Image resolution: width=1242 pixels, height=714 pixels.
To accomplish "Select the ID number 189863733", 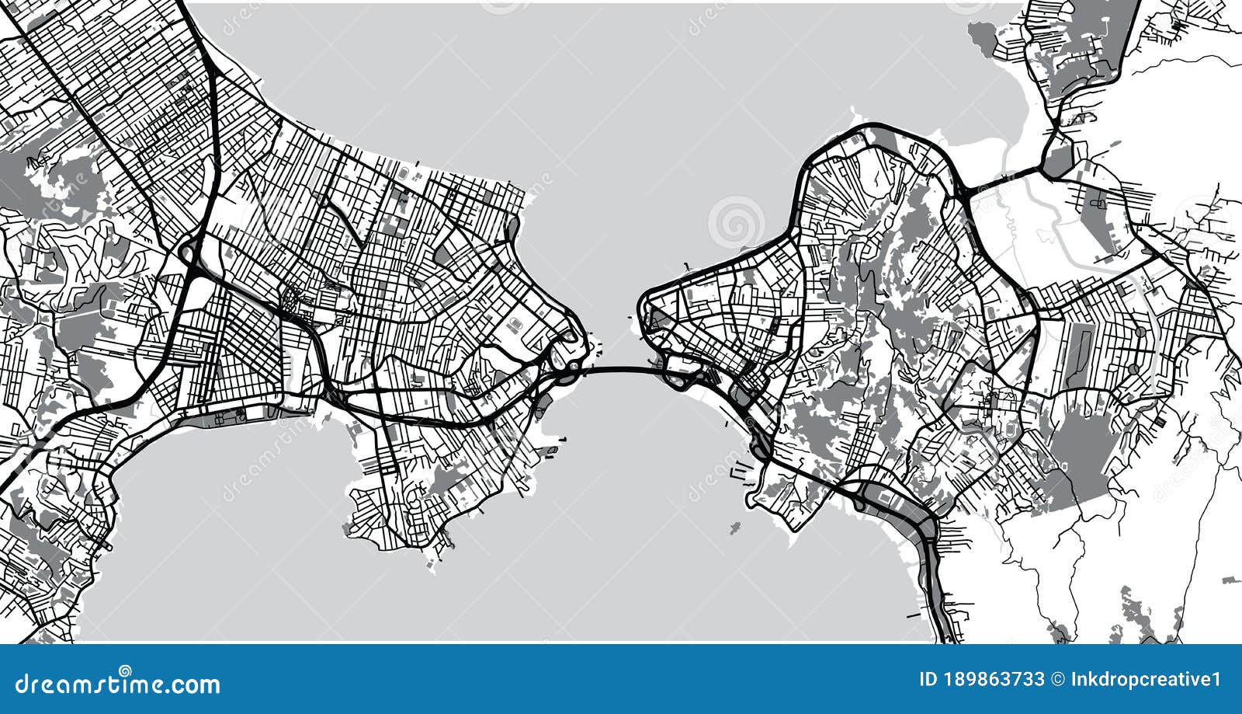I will click(x=995, y=680).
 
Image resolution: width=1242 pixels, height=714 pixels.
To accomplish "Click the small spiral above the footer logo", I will click(x=125, y=670).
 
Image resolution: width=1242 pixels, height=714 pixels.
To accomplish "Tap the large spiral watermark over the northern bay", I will click(x=736, y=222).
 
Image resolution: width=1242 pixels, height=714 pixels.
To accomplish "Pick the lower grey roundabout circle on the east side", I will click(x=1134, y=369).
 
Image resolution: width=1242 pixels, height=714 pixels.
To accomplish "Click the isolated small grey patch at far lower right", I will click(x=1230, y=580).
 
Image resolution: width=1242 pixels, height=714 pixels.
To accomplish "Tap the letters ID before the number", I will click(x=927, y=680).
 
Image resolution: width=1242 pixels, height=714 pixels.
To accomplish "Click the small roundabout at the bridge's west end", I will click(x=573, y=366).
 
